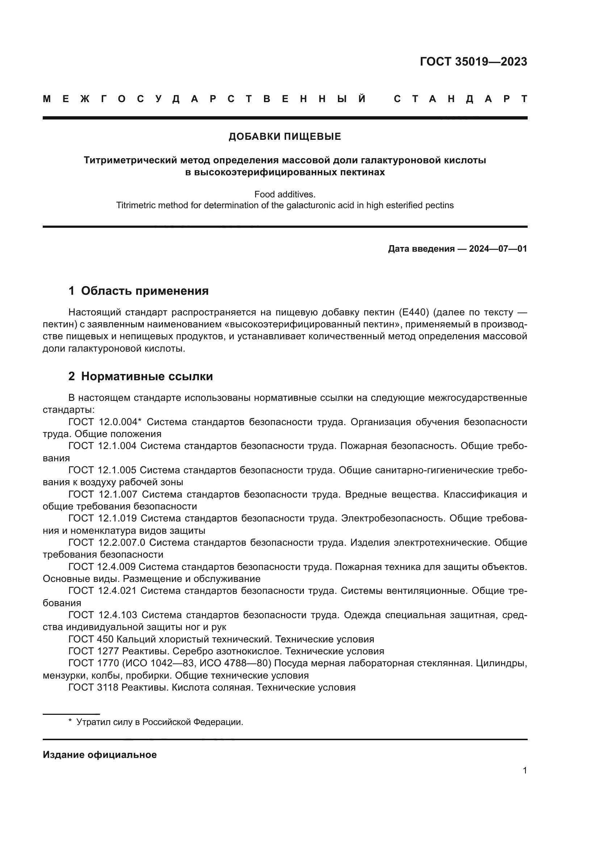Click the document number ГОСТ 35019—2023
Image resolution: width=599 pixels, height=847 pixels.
pyautogui.click(x=473, y=62)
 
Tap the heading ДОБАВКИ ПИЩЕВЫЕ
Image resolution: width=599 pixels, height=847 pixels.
pyautogui.click(x=285, y=137)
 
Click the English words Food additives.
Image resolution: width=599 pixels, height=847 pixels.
pyautogui.click(x=285, y=194)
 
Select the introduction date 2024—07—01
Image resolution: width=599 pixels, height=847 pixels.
pyautogui.click(x=498, y=249)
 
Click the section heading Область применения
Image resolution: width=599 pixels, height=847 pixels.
pyautogui.click(x=144, y=291)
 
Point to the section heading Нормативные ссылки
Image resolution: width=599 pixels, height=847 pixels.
pyautogui.click(x=147, y=377)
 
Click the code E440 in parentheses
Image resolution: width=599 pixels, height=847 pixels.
pyautogui.click(x=414, y=313)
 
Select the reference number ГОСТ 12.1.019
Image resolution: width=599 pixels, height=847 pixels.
pyautogui.click(x=102, y=518)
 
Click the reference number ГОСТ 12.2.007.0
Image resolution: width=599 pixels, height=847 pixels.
pyautogui.click(x=106, y=543)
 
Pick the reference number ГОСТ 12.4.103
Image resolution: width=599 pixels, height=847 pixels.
pyautogui.click(x=102, y=615)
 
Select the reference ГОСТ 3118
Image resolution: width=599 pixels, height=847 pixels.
pyautogui.click(x=93, y=687)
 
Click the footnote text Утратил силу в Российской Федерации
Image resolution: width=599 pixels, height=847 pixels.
pyautogui.click(x=159, y=722)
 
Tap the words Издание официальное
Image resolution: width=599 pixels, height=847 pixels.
pyautogui.click(x=100, y=755)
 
